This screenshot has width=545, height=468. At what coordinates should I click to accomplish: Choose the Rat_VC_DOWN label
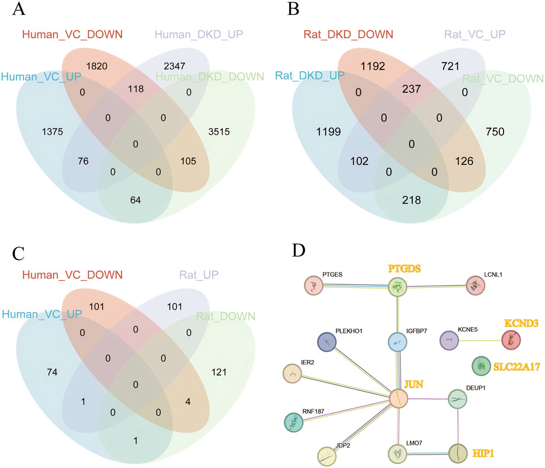503,78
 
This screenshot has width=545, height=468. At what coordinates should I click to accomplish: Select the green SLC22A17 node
481,366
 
